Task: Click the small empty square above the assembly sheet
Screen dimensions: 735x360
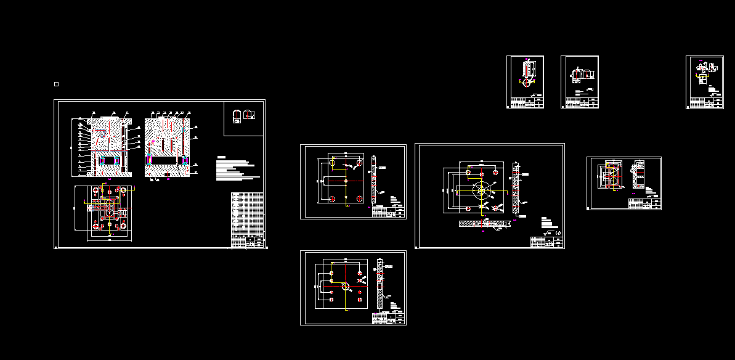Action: pos(56,84)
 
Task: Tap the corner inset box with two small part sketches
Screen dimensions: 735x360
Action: pos(243,118)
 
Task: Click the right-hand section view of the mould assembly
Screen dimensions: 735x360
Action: pos(168,147)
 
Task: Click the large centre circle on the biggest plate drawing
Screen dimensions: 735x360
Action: pos(480,189)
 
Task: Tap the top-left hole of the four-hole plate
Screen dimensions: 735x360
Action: pos(333,163)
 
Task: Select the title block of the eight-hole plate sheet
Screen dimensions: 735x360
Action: pos(389,318)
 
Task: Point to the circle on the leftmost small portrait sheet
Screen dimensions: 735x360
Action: pos(526,83)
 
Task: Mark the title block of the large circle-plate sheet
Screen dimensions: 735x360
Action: pos(546,242)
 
